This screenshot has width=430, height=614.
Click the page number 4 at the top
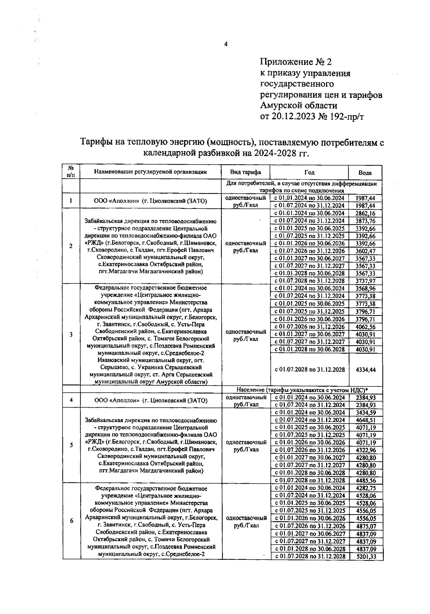coord(225,44)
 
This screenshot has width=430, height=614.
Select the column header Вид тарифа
coord(245,172)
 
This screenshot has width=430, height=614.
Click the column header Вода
coord(365,173)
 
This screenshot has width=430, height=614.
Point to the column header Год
coord(309,172)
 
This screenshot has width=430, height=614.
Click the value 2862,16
coord(365,213)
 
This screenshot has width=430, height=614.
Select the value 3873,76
coord(365,221)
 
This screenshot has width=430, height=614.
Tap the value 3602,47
coord(365,251)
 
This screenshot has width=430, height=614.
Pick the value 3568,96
coord(365,288)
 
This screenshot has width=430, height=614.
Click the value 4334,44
coord(365,370)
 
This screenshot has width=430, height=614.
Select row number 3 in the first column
coord(71,334)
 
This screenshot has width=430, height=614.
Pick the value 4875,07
coord(366,526)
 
